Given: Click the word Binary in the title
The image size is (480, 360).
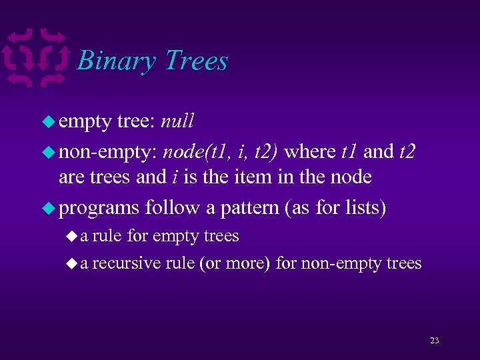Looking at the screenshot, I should coord(117,61).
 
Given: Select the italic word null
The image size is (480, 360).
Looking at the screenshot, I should coord(177,121).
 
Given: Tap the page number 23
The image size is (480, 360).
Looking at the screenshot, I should coord(434,341).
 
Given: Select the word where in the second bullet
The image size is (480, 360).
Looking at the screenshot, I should coord(310,152).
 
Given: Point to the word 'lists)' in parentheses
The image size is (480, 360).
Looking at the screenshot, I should coord(365,208).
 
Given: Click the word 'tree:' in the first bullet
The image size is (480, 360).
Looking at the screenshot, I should coord(136,121).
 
